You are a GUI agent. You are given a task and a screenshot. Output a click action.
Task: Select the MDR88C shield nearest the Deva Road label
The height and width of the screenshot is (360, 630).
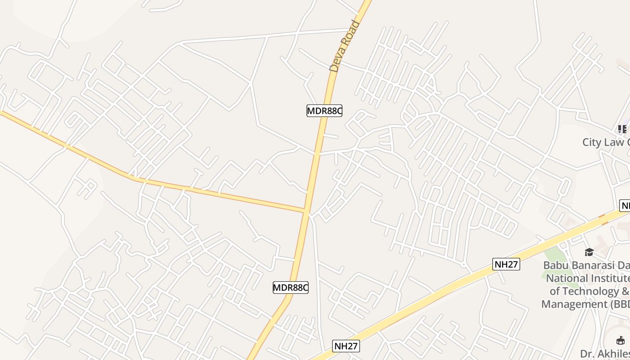tap(324, 111)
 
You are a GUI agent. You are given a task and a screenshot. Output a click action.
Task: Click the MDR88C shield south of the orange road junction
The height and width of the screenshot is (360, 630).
tap(291, 288)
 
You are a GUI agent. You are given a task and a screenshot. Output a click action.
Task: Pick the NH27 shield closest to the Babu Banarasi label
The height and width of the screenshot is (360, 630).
tap(506, 264)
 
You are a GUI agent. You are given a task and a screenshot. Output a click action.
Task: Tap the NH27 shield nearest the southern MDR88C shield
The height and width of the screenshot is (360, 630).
tap(346, 346)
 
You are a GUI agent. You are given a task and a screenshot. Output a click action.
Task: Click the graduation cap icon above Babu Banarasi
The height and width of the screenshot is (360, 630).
tap(589, 252)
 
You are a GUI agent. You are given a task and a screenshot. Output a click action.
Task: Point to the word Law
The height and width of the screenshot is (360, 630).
tap(615, 142)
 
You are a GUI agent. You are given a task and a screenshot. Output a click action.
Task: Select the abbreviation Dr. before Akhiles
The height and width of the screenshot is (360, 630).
tap(587, 353)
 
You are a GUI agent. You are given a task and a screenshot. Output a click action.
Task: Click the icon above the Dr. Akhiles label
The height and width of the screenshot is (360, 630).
tap(621, 340)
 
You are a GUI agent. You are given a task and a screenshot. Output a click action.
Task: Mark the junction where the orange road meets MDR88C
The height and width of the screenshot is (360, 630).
tap(306, 211)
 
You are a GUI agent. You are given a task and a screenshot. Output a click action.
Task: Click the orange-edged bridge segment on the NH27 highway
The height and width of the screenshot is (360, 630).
tap(603, 219)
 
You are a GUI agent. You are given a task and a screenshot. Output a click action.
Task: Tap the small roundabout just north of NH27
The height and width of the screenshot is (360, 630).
tap(463, 264)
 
